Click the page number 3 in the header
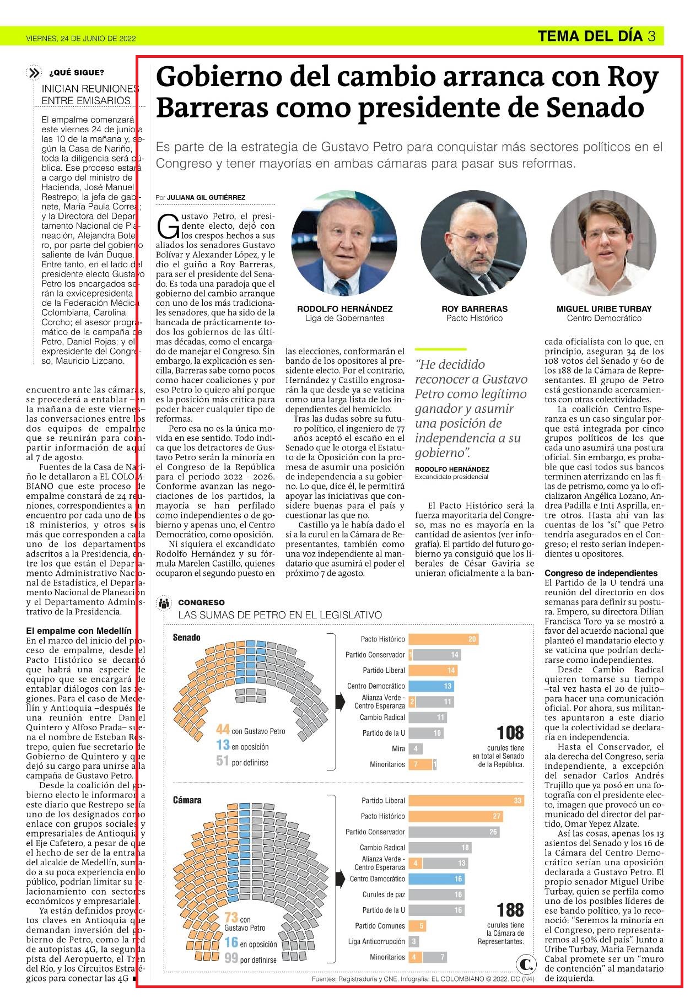tap(651, 36)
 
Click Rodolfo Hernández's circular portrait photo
tap(344, 242)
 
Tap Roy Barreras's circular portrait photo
tap(475, 242)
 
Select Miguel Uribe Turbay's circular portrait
tap(604, 242)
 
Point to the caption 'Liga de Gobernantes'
tap(345, 318)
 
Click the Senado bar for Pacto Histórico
tap(444, 639)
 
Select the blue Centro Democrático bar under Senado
tap(431, 686)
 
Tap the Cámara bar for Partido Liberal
tap(466, 800)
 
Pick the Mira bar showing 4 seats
tap(416, 748)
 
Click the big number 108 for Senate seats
tap(510, 733)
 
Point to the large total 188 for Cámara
tap(510, 909)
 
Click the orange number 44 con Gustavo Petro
tap(223, 730)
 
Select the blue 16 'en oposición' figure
tap(231, 943)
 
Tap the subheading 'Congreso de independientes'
tap(601, 573)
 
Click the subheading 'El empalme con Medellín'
tap(79, 630)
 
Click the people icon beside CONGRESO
tap(164, 603)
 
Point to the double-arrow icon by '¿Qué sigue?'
tap(34, 73)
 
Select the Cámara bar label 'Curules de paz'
tap(384, 894)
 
